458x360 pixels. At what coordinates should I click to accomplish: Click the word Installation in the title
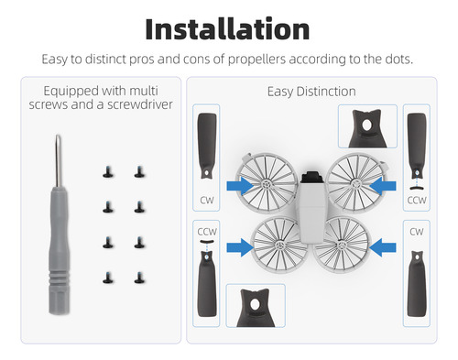(x=227, y=29)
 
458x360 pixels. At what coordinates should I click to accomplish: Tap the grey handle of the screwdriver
(x=59, y=250)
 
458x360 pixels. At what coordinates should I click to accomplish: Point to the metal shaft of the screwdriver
(x=58, y=160)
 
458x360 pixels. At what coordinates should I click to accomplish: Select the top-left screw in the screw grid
(x=108, y=172)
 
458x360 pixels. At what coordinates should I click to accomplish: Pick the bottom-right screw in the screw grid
(x=139, y=278)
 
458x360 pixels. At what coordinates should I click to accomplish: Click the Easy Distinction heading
(x=311, y=92)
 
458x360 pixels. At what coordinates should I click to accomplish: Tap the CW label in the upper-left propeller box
(x=207, y=201)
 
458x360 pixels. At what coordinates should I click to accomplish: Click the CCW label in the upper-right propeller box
(x=417, y=201)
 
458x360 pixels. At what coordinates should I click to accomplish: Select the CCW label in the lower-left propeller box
(x=207, y=232)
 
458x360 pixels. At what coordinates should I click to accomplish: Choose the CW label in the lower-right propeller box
(x=417, y=232)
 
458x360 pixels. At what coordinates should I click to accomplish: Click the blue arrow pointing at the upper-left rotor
(x=240, y=186)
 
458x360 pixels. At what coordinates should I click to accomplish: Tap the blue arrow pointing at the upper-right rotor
(x=383, y=186)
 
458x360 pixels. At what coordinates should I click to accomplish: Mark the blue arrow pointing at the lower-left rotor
(x=240, y=247)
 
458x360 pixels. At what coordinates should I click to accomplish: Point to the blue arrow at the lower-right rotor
(x=383, y=247)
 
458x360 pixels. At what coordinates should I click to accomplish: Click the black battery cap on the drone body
(x=312, y=177)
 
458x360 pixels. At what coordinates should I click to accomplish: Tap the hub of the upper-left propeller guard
(x=267, y=184)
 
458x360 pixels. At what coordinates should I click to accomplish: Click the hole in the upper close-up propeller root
(x=367, y=125)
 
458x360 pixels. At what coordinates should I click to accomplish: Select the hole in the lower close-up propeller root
(x=255, y=304)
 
